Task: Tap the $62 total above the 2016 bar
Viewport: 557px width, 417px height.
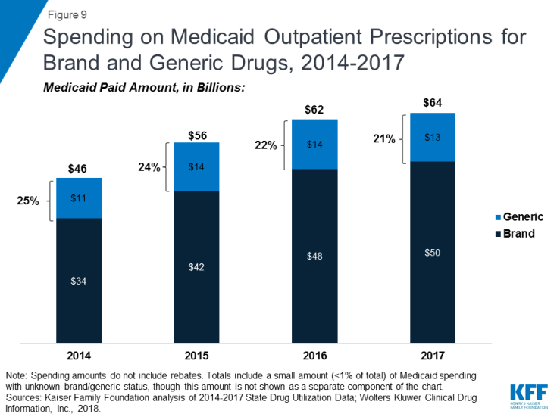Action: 314,110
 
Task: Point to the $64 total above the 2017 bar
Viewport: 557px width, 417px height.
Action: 431,103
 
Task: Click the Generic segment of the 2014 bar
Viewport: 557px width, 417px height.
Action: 79,198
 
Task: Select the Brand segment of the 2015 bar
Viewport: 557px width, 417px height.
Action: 197,266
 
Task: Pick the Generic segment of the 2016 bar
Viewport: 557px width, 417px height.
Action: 314,144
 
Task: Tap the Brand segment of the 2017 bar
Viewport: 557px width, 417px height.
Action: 432,251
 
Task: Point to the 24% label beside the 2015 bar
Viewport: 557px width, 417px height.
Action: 149,168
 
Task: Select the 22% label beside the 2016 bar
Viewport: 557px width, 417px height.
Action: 266,145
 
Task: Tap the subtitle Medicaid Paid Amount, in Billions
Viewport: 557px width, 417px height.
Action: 144,88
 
